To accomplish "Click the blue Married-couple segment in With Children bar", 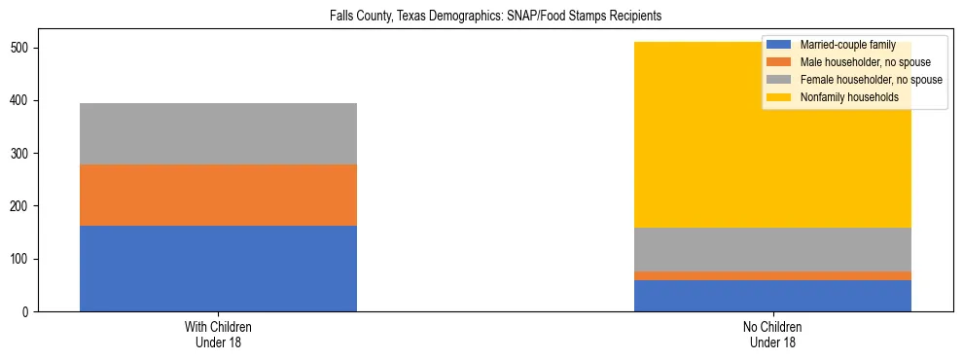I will (218, 269).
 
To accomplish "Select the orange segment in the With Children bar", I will (218, 195).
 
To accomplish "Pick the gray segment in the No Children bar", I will (772, 249).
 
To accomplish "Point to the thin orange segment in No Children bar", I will (772, 276).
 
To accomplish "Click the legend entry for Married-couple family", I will (847, 45).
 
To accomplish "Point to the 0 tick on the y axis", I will (26, 312).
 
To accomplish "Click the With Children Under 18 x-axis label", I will (218, 335).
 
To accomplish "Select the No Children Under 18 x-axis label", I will (772, 335).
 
